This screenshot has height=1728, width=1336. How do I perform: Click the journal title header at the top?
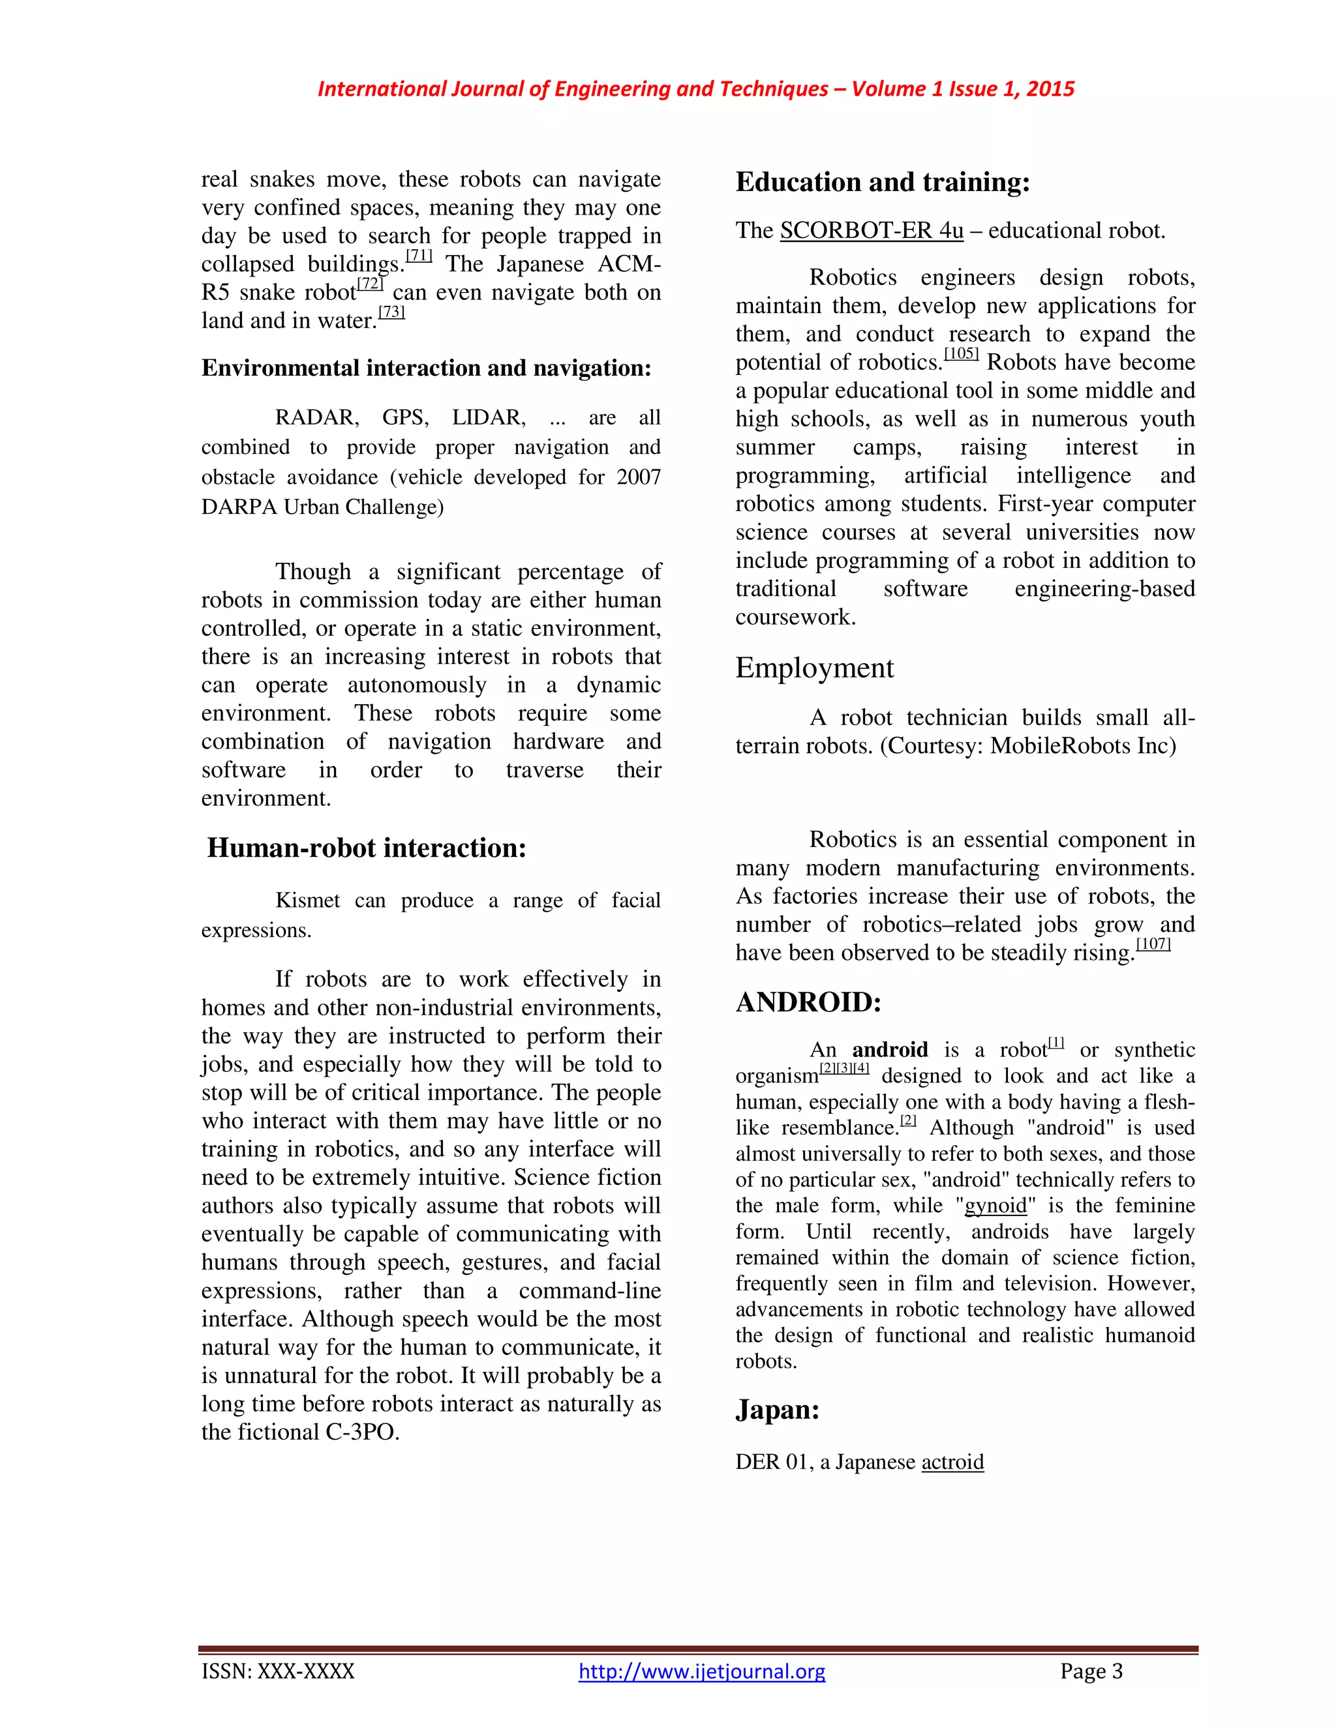[x=695, y=89]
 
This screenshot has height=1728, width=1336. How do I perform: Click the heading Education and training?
[x=883, y=182]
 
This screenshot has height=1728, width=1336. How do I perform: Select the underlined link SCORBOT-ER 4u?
[x=872, y=231]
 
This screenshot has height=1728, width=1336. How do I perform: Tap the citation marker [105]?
[x=961, y=353]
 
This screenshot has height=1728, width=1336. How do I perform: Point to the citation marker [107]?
[x=1153, y=944]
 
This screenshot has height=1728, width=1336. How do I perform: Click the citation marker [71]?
[x=419, y=256]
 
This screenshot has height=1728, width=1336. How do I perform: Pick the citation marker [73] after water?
[x=391, y=312]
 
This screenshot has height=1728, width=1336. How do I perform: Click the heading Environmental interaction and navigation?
[x=426, y=368]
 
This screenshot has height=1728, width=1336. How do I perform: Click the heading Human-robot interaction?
[x=367, y=848]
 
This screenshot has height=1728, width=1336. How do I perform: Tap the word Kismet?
[x=307, y=901]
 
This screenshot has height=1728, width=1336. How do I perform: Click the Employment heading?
[x=813, y=668]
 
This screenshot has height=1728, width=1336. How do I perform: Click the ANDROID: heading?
[x=808, y=1002]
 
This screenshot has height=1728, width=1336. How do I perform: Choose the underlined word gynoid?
[x=995, y=1206]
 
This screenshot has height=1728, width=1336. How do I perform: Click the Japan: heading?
[x=776, y=1410]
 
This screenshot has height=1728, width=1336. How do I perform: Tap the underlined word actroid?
[x=952, y=1462]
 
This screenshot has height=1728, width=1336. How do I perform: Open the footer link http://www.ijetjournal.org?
[x=701, y=1672]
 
